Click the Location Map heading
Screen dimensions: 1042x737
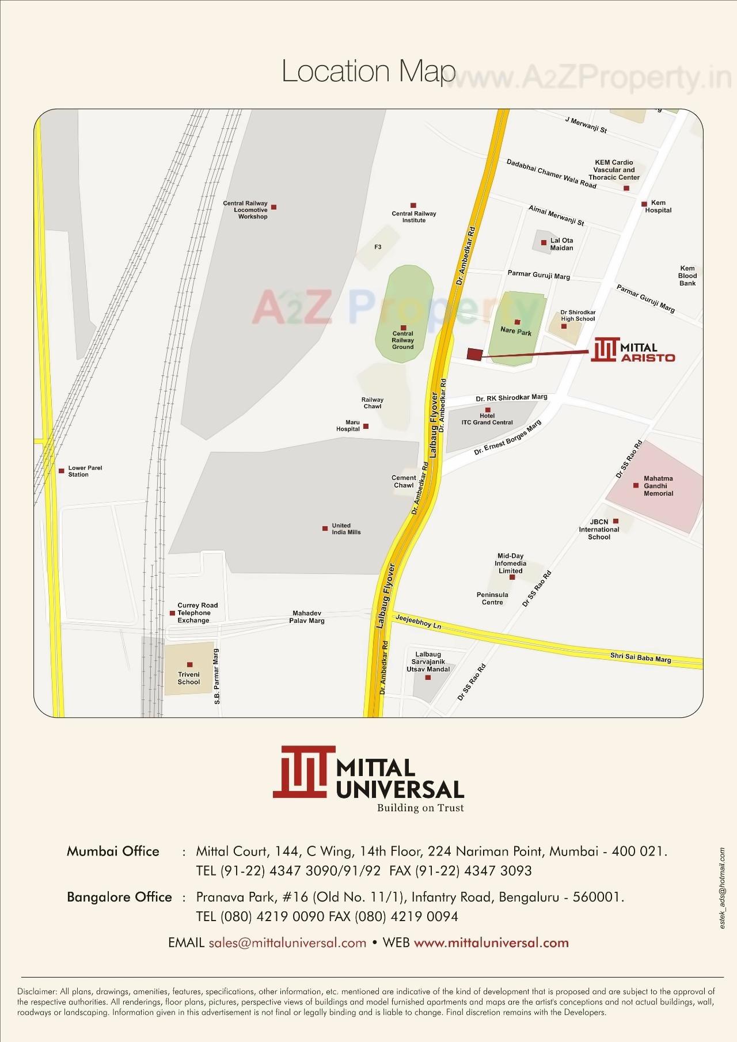[x=368, y=71]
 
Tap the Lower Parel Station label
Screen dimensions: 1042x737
[x=85, y=471]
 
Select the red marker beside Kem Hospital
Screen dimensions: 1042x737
[x=644, y=204]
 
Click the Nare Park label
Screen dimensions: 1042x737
[x=516, y=332]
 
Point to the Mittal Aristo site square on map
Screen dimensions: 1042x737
[x=474, y=355]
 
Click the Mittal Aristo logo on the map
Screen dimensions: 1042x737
[x=633, y=350]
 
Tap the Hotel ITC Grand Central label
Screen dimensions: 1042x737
[x=487, y=419]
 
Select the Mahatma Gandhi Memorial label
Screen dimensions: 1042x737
[x=658, y=486]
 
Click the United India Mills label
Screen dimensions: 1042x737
[x=346, y=528]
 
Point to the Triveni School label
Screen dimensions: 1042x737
[x=189, y=678]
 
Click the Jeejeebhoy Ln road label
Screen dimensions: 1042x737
[x=418, y=621]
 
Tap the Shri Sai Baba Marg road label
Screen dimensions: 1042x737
[x=640, y=657]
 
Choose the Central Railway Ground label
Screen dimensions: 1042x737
[x=403, y=340]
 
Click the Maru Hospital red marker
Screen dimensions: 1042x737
[x=366, y=427]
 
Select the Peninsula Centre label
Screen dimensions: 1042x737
[x=492, y=598]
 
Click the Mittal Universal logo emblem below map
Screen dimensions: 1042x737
[x=303, y=772]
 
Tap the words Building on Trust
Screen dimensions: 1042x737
[x=420, y=808]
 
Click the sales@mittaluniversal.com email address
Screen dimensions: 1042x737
[x=287, y=942]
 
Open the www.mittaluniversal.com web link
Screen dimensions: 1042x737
[x=491, y=942]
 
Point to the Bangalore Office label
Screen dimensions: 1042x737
[x=119, y=897]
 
